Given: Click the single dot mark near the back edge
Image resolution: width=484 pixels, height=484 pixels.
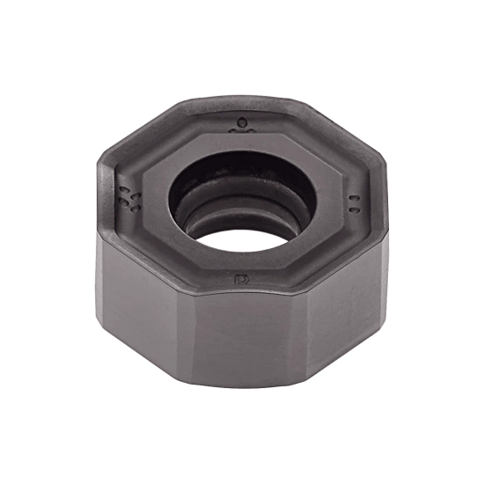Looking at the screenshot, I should [x=241, y=121].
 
